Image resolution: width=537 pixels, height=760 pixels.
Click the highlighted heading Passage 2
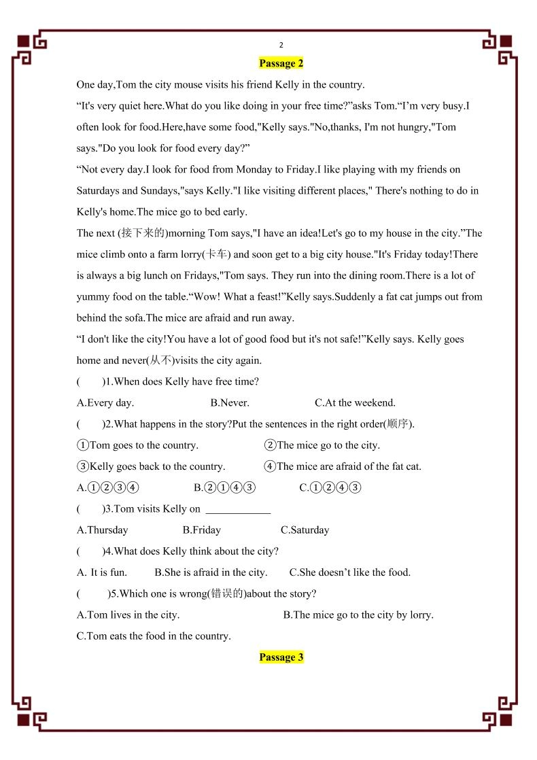click(281, 63)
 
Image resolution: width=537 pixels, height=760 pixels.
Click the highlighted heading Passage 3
click(281, 657)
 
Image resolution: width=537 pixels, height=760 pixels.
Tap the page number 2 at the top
click(281, 45)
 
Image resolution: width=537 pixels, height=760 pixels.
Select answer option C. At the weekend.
click(355, 402)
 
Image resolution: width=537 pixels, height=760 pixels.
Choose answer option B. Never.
click(230, 402)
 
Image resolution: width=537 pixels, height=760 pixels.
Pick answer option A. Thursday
click(103, 530)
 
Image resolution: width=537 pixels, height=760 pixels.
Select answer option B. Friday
click(202, 530)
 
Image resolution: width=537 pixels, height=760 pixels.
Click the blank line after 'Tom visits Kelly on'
click(238, 509)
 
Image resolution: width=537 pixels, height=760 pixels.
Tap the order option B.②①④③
click(224, 487)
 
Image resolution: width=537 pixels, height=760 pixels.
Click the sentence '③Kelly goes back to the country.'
click(151, 466)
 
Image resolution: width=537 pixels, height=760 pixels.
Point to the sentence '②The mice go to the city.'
click(322, 445)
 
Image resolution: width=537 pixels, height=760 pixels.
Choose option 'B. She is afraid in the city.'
click(211, 572)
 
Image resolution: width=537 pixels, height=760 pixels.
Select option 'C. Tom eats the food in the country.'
click(154, 636)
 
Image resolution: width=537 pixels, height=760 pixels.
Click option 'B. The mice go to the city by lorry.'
click(358, 615)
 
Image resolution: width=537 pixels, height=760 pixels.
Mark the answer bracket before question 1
click(90, 382)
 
